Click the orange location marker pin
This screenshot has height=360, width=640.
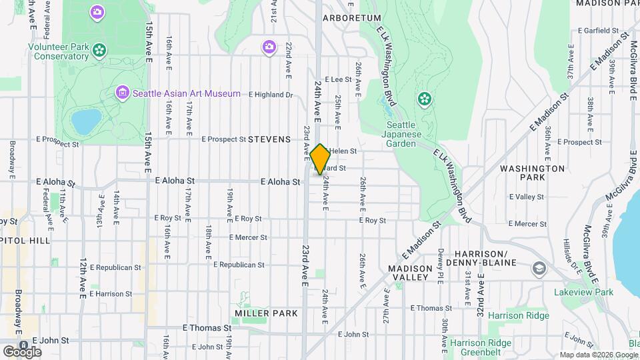coord(320,159)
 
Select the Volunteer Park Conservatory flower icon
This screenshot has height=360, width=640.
coord(99,49)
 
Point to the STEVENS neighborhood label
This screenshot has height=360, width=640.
coord(269,139)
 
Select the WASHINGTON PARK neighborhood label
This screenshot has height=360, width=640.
coord(532,173)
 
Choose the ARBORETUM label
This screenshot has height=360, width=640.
coord(351,18)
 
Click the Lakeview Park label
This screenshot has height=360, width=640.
coord(583,292)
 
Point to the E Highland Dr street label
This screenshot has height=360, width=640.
coord(270,95)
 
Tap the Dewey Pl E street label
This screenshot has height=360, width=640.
coord(441,259)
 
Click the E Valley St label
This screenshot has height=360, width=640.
coord(526,197)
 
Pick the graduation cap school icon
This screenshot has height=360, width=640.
coord(538,269)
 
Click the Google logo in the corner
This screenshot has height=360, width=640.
coord(22,351)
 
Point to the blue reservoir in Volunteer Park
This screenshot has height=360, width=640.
coord(86,121)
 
